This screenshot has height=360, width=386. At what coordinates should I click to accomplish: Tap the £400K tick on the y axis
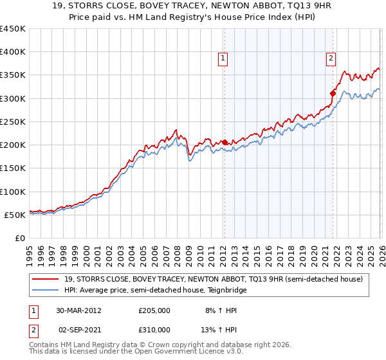13,52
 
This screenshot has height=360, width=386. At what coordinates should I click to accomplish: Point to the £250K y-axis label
13,122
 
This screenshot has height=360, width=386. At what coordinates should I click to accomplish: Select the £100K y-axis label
13,192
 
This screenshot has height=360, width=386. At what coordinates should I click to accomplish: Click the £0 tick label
19,238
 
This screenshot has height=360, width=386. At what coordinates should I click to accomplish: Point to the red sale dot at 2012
225,143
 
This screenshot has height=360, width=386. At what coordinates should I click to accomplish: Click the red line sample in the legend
47,279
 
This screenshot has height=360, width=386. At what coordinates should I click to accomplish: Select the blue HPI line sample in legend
47,290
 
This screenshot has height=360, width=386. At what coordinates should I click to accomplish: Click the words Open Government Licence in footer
173,353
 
